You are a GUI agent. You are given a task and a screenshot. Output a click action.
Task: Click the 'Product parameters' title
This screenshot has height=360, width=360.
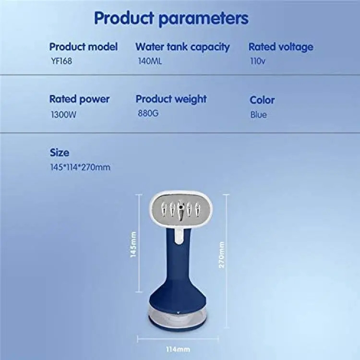171,18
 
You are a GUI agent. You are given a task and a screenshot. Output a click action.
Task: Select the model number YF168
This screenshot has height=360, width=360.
61,61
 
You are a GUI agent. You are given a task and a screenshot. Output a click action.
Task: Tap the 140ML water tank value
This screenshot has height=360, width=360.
150,61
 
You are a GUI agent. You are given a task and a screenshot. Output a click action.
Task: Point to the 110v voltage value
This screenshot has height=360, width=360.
258,61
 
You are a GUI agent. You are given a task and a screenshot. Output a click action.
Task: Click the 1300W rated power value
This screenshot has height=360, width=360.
63,114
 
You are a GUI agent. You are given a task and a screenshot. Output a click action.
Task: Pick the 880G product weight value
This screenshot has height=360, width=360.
148,113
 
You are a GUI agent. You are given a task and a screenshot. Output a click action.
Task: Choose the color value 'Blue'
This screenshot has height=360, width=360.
259,115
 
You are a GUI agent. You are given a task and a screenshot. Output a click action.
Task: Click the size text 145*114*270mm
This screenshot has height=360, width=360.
80,167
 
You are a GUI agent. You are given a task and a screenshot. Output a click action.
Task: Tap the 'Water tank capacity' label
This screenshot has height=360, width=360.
182,47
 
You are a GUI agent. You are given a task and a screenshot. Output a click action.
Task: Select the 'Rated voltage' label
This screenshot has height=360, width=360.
281,47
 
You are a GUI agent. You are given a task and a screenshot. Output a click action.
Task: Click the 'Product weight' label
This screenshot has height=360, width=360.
171,99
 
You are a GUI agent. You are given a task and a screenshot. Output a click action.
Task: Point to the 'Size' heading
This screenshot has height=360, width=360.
60,153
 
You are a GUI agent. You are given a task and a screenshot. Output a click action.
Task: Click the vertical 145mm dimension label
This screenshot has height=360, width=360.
133,244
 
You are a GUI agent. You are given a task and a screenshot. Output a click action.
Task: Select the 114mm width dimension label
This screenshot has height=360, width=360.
178,349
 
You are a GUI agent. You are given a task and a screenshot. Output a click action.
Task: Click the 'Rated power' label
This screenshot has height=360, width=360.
79,99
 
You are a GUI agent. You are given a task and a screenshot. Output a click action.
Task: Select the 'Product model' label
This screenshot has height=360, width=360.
84,47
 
